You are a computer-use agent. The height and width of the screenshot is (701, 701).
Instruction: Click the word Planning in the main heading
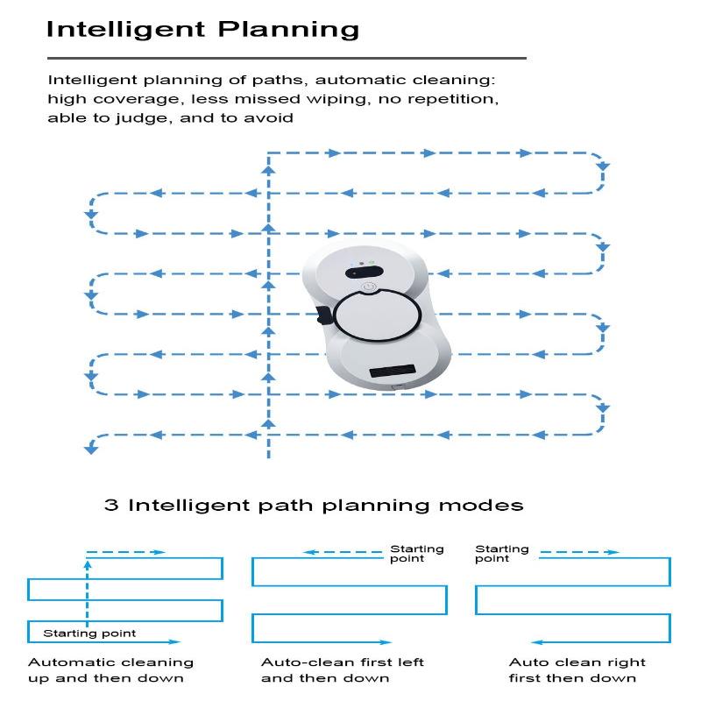[288, 31]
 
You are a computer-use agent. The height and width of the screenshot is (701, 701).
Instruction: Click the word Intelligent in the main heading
[125, 31]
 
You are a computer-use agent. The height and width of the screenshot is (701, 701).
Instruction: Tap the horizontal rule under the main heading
[287, 58]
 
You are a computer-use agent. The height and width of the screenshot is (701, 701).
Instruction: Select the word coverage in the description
[136, 99]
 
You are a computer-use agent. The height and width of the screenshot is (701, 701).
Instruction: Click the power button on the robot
[368, 287]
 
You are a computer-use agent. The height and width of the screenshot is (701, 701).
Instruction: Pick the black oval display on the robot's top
[365, 272]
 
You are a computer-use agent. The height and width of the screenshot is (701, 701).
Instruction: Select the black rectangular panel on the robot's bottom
[393, 371]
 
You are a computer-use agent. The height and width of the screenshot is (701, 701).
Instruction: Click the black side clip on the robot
[323, 315]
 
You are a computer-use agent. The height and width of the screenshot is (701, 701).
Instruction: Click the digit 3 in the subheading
[111, 506]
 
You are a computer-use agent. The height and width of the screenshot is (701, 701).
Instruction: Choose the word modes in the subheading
[480, 506]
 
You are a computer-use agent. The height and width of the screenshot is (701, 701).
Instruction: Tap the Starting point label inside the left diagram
[89, 634]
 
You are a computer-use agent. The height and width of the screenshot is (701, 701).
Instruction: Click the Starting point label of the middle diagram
[417, 554]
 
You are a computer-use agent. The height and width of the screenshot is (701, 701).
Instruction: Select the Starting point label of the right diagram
[501, 554]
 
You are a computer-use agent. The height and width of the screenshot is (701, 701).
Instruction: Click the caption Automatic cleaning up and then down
[110, 670]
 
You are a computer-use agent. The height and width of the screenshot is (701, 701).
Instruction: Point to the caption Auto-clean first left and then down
[343, 670]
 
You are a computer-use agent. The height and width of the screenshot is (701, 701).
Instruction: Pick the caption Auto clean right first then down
[577, 670]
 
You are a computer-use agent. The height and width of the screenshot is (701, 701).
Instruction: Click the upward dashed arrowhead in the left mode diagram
[88, 564]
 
